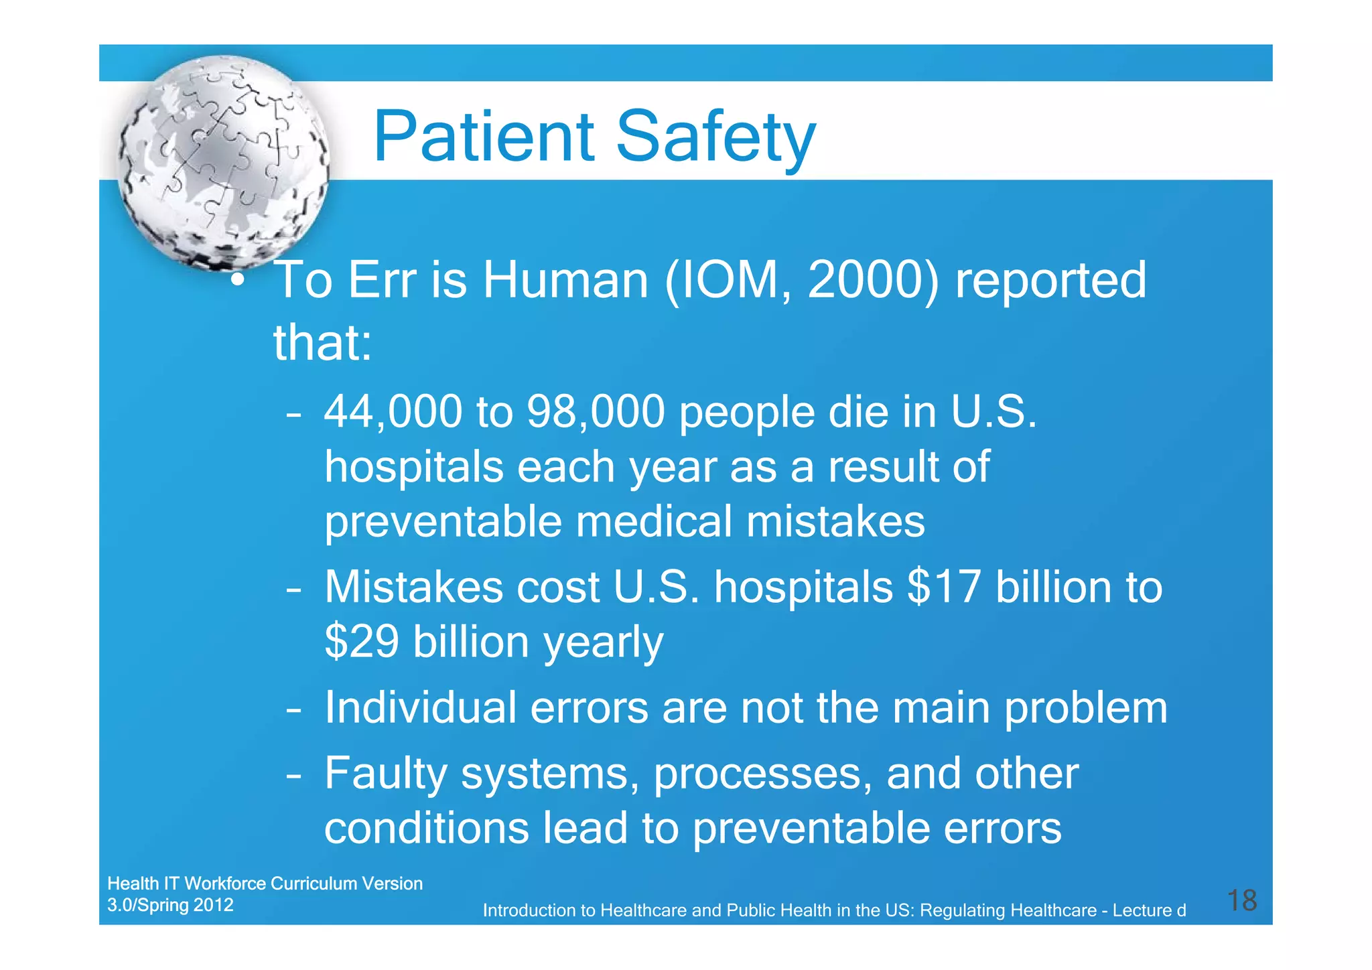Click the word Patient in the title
click(483, 137)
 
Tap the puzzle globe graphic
click(223, 162)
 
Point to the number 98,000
click(596, 412)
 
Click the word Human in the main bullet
click(565, 280)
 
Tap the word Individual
click(420, 708)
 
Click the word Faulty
click(385, 774)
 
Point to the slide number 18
click(1241, 900)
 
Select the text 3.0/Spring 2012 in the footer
click(170, 905)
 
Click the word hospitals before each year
click(413, 467)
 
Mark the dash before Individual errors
click(293, 710)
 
